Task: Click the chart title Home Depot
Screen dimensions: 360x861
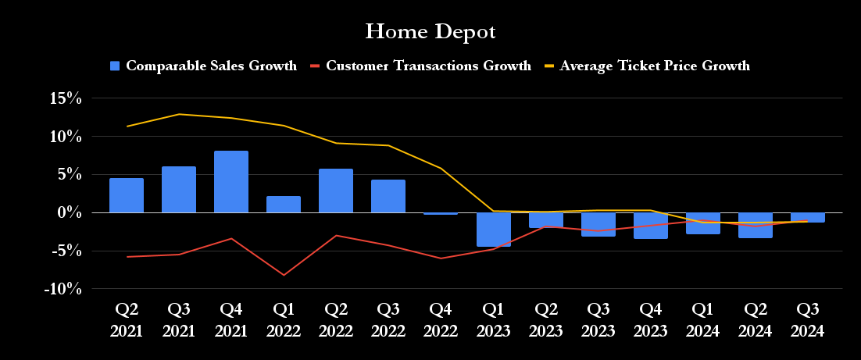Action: click(430, 32)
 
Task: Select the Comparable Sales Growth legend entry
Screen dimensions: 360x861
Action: click(203, 66)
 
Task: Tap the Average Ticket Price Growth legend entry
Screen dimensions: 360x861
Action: click(648, 66)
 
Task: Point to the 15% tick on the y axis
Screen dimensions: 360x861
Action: click(66, 98)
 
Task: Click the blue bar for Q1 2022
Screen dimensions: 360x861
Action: click(284, 205)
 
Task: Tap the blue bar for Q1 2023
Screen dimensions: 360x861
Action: click(493, 229)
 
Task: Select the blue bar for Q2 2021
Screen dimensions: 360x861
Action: click(127, 195)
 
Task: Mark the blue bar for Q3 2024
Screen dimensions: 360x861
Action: click(807, 217)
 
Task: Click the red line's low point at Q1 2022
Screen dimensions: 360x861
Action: click(284, 275)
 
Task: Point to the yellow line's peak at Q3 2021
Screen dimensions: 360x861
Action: click(179, 114)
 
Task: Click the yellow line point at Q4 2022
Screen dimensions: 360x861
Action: click(441, 168)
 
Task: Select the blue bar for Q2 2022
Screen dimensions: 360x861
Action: click(336, 191)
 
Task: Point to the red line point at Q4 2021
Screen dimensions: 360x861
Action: click(231, 238)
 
